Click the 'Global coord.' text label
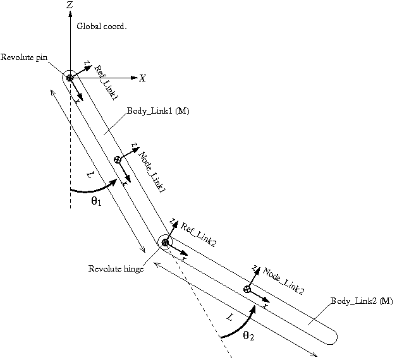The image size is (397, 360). click(102, 27)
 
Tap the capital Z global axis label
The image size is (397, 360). click(70, 5)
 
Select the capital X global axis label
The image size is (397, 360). click(142, 78)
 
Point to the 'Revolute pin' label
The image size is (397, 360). click(24, 57)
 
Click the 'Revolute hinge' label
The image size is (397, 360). click(116, 268)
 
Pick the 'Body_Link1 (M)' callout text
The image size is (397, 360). click(158, 111)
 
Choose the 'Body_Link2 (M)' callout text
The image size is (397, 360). click(362, 301)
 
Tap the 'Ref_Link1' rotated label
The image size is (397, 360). click(106, 83)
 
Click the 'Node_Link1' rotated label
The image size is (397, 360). click(152, 172)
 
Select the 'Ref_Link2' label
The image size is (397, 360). click(198, 235)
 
